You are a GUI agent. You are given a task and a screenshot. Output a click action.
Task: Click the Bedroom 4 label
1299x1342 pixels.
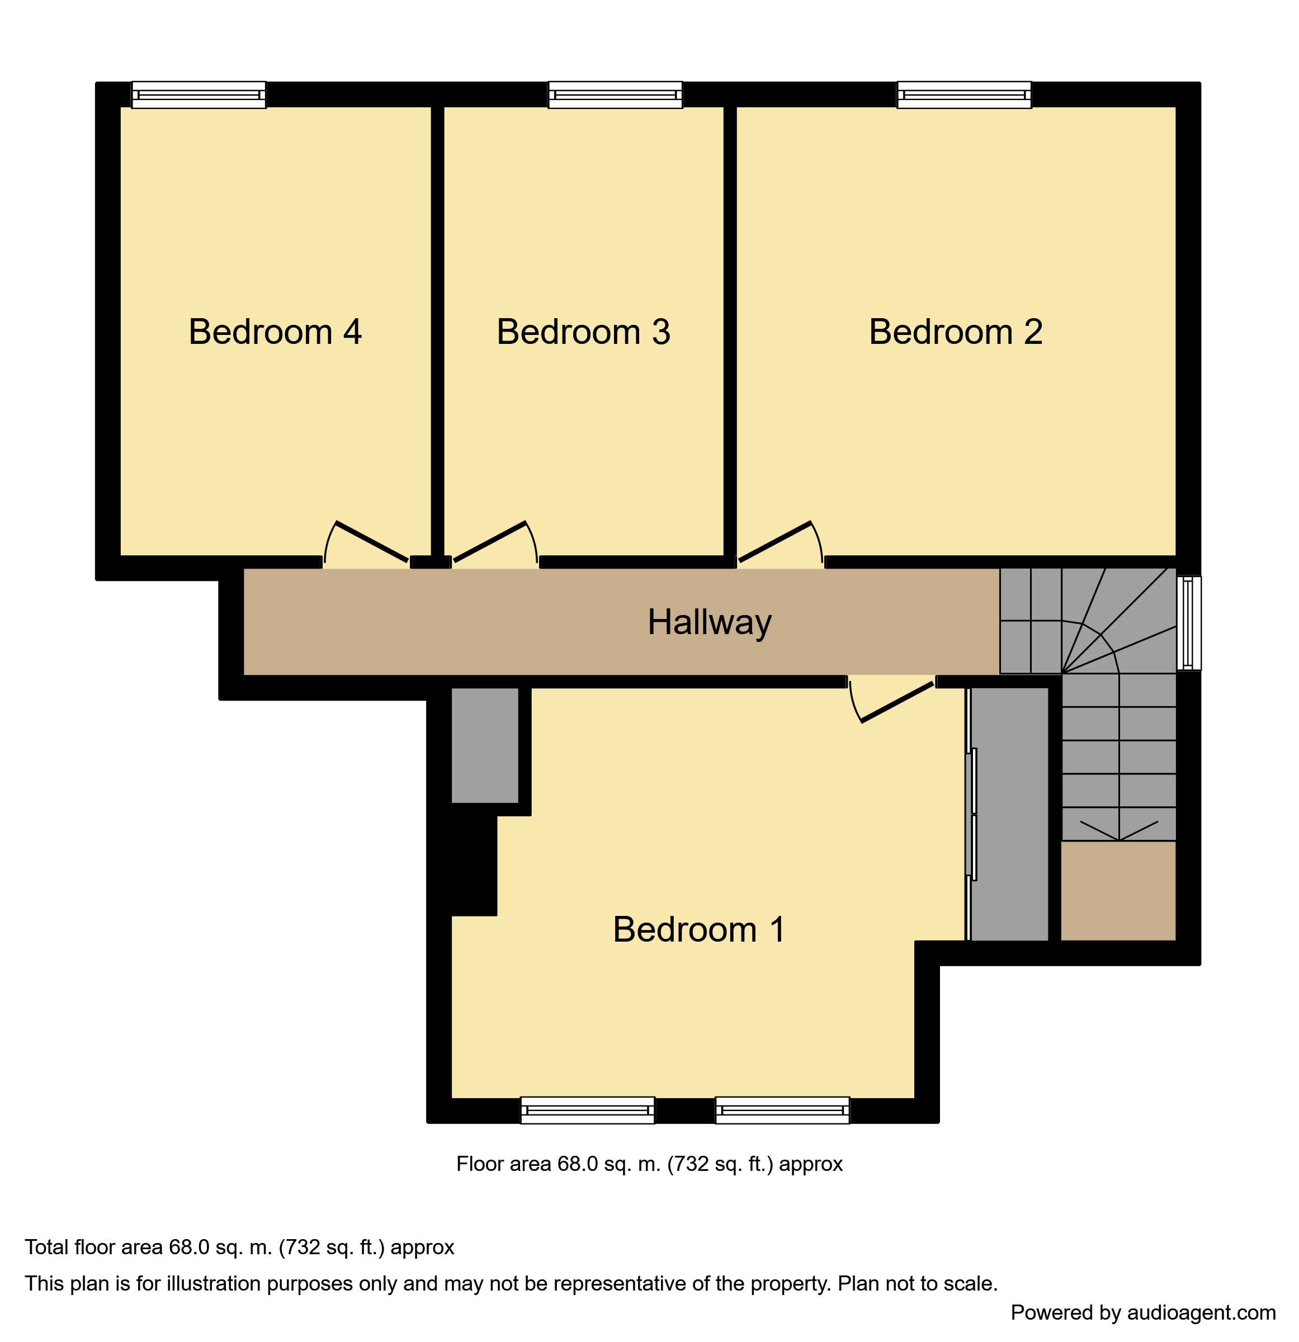point(275,332)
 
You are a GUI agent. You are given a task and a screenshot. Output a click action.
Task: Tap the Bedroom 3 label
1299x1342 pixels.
point(583,332)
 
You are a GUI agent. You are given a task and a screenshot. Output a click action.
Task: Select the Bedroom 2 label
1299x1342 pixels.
point(955,332)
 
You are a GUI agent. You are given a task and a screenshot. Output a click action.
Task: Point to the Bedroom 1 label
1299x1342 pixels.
point(698,929)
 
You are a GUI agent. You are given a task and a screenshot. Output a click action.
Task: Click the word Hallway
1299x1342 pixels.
point(710,622)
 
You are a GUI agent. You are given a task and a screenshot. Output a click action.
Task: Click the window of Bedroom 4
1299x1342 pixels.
point(199,94)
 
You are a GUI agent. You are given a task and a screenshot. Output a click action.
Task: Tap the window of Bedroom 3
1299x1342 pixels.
point(615,94)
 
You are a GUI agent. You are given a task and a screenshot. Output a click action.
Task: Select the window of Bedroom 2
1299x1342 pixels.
point(963,94)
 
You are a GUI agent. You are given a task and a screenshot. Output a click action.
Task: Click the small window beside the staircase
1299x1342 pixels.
point(1188,622)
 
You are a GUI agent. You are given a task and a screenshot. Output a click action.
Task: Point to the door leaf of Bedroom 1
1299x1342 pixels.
point(897,702)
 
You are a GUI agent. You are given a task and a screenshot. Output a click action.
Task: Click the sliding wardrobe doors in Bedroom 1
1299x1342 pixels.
point(971,814)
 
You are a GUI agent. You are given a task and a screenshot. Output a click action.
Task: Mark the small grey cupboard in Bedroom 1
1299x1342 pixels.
point(484,744)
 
